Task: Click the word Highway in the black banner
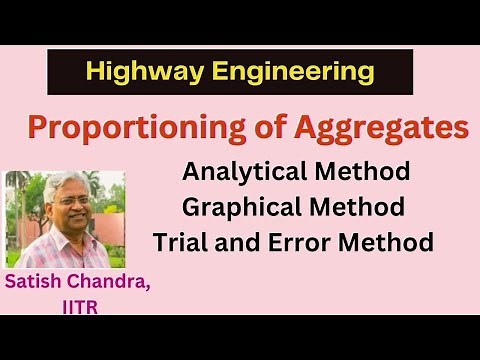point(132,72)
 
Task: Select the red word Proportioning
point(121,129)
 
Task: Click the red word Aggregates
point(370,129)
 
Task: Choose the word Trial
point(183,243)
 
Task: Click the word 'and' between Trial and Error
point(244,243)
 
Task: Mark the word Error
point(304,243)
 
